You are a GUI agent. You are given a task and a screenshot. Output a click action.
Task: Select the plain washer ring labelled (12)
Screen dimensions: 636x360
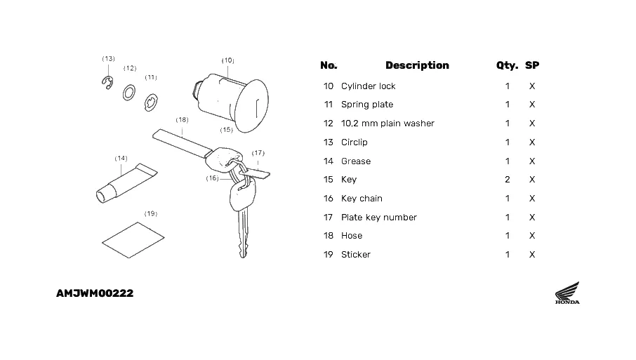click(124, 93)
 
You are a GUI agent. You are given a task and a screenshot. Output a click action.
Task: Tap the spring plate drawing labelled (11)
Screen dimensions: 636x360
click(147, 103)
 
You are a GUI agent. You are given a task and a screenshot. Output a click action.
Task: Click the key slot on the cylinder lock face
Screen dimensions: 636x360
click(257, 108)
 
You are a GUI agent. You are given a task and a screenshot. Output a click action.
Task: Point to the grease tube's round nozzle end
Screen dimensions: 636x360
click(101, 196)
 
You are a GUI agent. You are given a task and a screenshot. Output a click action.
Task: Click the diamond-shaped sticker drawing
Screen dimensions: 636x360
click(133, 240)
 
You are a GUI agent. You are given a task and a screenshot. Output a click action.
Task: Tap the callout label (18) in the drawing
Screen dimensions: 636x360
click(182, 119)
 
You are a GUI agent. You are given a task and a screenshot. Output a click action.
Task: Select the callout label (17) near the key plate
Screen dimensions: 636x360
click(258, 153)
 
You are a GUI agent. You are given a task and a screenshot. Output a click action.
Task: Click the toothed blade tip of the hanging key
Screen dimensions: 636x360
click(243, 254)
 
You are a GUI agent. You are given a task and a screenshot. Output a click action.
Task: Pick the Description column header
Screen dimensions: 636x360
click(417, 65)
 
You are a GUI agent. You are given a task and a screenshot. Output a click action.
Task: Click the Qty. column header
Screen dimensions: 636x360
click(507, 66)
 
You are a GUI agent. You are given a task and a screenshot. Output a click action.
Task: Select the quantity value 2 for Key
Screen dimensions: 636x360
click(508, 180)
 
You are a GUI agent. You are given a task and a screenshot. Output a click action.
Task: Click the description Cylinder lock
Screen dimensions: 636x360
click(369, 86)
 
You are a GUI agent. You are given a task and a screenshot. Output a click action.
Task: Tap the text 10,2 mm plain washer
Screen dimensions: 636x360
click(387, 124)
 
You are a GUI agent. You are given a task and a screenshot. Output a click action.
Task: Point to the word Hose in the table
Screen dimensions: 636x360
click(352, 236)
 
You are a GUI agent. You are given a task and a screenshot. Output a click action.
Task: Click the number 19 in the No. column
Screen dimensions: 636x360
click(328, 255)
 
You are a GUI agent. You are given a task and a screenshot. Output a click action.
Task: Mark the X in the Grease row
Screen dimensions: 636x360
click(532, 161)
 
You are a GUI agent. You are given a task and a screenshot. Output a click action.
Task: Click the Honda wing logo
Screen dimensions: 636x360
click(567, 293)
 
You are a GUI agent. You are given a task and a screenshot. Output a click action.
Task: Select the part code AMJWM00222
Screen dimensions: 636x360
click(95, 293)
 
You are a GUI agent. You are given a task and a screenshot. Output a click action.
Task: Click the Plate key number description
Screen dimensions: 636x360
click(379, 218)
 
